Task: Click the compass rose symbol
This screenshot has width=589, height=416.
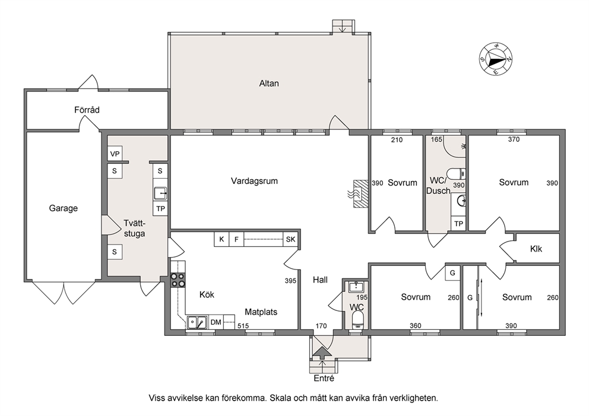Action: tap(496, 59)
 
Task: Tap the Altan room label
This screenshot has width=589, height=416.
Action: tap(269, 83)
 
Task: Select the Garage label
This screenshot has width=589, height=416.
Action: tap(64, 208)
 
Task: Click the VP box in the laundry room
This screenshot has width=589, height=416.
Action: tap(115, 154)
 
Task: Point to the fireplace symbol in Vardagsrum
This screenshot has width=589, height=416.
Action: tap(359, 193)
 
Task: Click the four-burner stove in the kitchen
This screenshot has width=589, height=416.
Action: tap(178, 280)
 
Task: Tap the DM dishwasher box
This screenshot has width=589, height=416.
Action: tap(216, 322)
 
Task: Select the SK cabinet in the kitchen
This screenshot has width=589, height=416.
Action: tap(290, 239)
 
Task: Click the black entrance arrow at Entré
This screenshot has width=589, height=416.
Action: tap(322, 353)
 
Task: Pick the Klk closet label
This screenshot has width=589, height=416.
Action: tap(536, 249)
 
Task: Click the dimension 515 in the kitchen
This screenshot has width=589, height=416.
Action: tap(243, 326)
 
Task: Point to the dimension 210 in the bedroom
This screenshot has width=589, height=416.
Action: tap(397, 140)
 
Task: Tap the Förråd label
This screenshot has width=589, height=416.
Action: tap(87, 110)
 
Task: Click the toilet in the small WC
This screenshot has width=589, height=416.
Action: tap(356, 321)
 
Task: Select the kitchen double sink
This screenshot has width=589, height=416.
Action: tap(197, 322)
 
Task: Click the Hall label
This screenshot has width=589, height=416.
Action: tap(320, 280)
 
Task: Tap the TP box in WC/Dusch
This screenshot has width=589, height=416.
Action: tap(458, 224)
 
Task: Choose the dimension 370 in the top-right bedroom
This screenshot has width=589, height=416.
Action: tap(514, 139)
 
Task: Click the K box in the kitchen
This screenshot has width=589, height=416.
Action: tap(221, 239)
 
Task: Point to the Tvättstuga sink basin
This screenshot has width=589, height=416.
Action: tap(160, 193)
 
